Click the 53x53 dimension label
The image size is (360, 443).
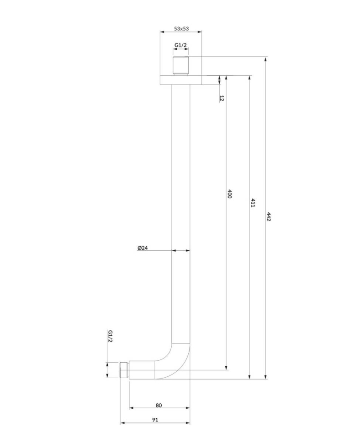(181, 28)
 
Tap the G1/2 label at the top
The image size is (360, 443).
(180, 45)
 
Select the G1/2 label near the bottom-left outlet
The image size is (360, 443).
(110, 336)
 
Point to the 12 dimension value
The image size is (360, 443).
(222, 98)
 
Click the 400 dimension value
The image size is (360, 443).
(229, 194)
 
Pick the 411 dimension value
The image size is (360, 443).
(253, 203)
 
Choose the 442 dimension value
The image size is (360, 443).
(269, 216)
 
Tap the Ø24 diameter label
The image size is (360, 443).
(143, 248)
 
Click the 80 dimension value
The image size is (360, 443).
(159, 406)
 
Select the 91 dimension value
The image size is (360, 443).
(155, 420)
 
